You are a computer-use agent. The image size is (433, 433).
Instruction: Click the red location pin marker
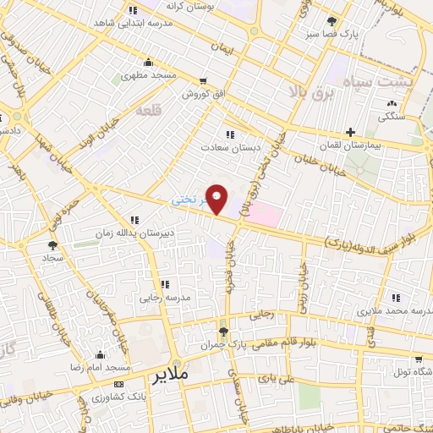click(217, 197)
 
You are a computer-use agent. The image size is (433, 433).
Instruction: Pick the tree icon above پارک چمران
click(223, 331)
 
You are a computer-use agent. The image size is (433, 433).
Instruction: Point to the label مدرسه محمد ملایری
click(397, 311)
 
